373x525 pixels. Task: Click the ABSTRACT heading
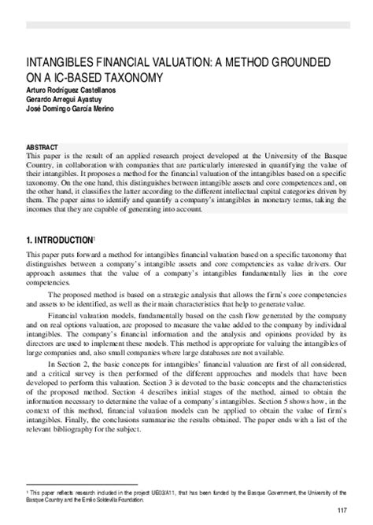tap(42, 148)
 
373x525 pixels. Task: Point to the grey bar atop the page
tap(186, 24)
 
